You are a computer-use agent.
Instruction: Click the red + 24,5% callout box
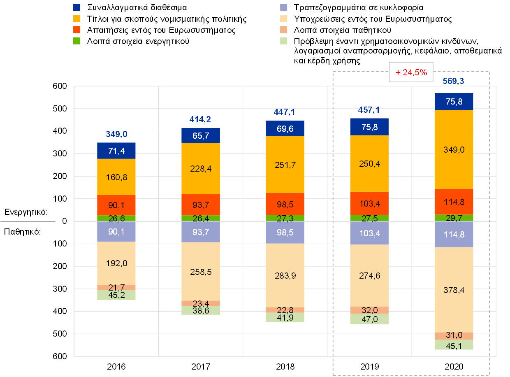[411, 72]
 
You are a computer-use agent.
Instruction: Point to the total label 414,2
[200, 119]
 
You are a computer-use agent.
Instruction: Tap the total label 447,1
[285, 112]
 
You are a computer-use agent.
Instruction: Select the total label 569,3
[454, 81]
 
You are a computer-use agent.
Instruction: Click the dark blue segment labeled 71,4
[116, 151]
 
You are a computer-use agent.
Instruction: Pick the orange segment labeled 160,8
[116, 177]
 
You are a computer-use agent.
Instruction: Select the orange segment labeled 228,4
[201, 168]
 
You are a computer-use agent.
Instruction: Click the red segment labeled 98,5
[285, 204]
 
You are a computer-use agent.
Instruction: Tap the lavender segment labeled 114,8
[454, 234]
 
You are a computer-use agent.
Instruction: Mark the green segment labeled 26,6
[116, 218]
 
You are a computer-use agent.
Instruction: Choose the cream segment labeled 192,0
[116, 263]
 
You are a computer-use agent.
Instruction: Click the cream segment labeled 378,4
[454, 289]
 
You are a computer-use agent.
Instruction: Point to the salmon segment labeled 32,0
[369, 310]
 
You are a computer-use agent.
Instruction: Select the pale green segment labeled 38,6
[201, 311]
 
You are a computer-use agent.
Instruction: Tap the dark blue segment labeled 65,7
[201, 135]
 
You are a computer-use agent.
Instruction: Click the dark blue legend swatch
[76, 7]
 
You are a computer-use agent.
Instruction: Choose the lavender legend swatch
[284, 7]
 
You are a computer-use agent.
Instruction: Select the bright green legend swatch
[76, 41]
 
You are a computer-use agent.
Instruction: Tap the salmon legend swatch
[284, 30]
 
